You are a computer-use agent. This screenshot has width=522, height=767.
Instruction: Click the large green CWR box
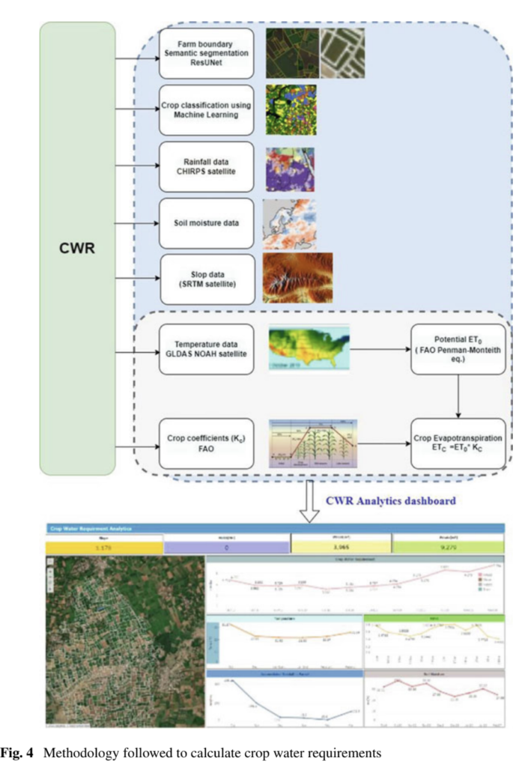point(77,248)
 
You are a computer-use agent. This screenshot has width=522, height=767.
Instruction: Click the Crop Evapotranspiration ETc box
point(458,443)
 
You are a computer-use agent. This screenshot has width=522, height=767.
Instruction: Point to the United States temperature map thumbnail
point(310,348)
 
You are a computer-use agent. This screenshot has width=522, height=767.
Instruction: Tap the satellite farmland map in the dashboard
point(124,641)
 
